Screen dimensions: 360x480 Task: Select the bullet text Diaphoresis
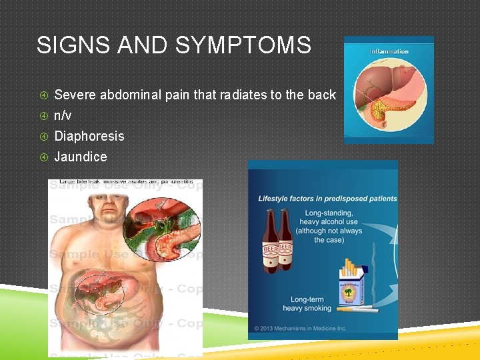[89, 136]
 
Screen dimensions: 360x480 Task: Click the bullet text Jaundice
[80, 157]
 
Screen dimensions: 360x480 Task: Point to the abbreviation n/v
[63, 115]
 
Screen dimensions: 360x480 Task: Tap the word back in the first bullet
[321, 95]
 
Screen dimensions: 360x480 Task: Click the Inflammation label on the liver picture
[389, 52]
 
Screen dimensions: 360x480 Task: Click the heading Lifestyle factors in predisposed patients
[327, 199]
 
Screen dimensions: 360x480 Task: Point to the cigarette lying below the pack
[357, 309]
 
